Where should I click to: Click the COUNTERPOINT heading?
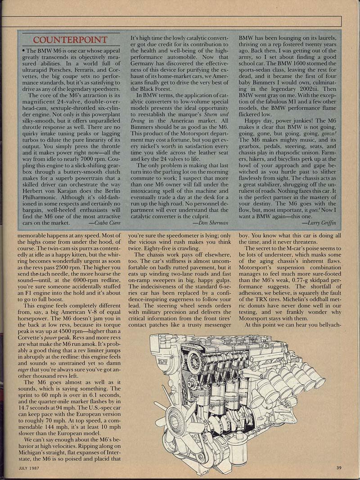click(70, 40)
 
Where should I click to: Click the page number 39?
click(338, 467)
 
